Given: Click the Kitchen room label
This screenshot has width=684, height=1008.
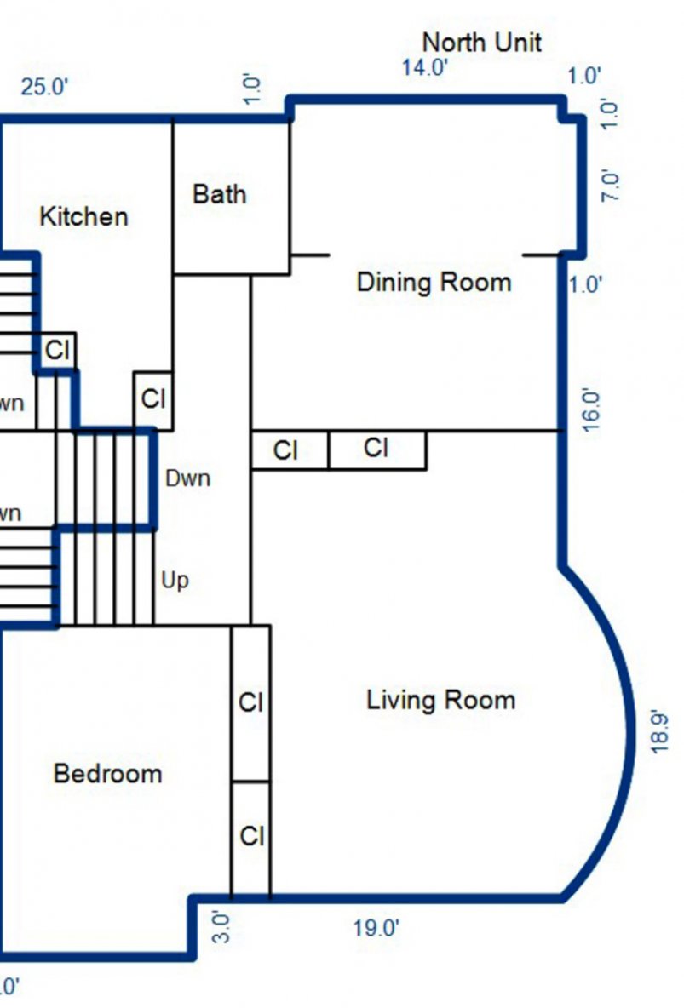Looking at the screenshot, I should point(83,217).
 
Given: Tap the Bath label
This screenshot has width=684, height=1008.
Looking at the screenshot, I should point(219,194).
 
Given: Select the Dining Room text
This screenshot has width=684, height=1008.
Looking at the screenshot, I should point(434,282).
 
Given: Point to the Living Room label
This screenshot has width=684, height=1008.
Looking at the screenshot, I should point(440,701).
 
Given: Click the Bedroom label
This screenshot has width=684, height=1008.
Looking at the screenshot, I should point(107,774).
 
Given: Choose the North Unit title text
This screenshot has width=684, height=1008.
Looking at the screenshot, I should point(481,42).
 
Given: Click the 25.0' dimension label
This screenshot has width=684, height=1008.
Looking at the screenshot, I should point(44,88).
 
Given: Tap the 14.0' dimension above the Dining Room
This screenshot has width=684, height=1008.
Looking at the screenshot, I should point(425,68).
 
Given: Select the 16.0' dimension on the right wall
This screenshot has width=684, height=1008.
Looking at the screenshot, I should point(591,411).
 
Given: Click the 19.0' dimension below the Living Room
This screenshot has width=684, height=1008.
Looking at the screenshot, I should point(376,928).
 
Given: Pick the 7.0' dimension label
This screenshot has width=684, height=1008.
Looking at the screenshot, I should point(611,186).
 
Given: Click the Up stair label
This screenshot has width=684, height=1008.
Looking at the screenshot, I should point(175,581).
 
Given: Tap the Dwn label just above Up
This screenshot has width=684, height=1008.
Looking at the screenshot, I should point(187,478).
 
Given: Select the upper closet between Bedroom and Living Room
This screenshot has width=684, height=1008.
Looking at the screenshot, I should point(250,703).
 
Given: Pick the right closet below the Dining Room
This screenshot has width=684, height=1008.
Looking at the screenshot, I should point(376,450).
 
